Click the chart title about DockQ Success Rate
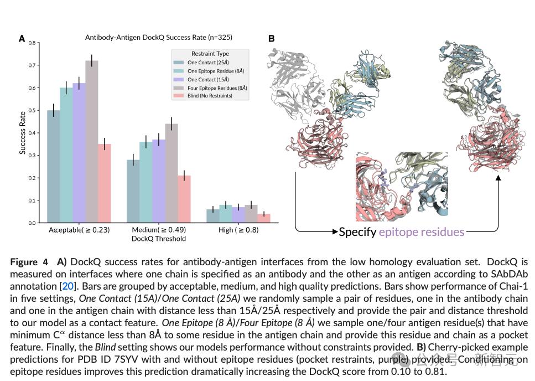158,38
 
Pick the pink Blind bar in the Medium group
184,199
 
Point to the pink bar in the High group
264,218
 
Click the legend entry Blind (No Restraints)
210,96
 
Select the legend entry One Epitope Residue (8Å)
215,71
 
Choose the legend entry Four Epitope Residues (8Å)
217,87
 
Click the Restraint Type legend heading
210,54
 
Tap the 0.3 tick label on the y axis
32,156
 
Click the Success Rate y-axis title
23,132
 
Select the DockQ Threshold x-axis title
158,239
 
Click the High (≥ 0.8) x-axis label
238,230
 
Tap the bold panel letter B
271,39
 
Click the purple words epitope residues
422,232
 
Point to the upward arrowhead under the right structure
498,178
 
